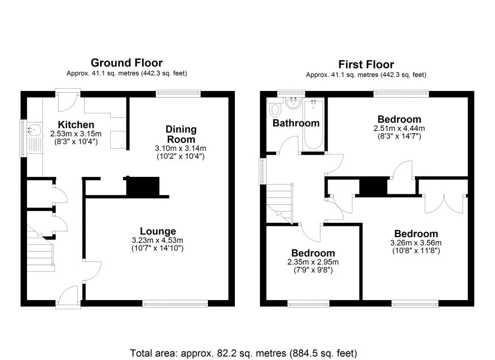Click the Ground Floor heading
click(x=126, y=63)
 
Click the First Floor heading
click(x=366, y=64)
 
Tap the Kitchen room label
click(x=76, y=125)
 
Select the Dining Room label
click(x=181, y=134)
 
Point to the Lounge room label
click(x=157, y=231)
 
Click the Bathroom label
click(x=296, y=123)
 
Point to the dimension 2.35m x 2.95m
click(x=313, y=262)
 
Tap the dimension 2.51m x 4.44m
click(x=399, y=128)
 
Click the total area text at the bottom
click(x=243, y=352)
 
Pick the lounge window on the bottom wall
click(x=175, y=304)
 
